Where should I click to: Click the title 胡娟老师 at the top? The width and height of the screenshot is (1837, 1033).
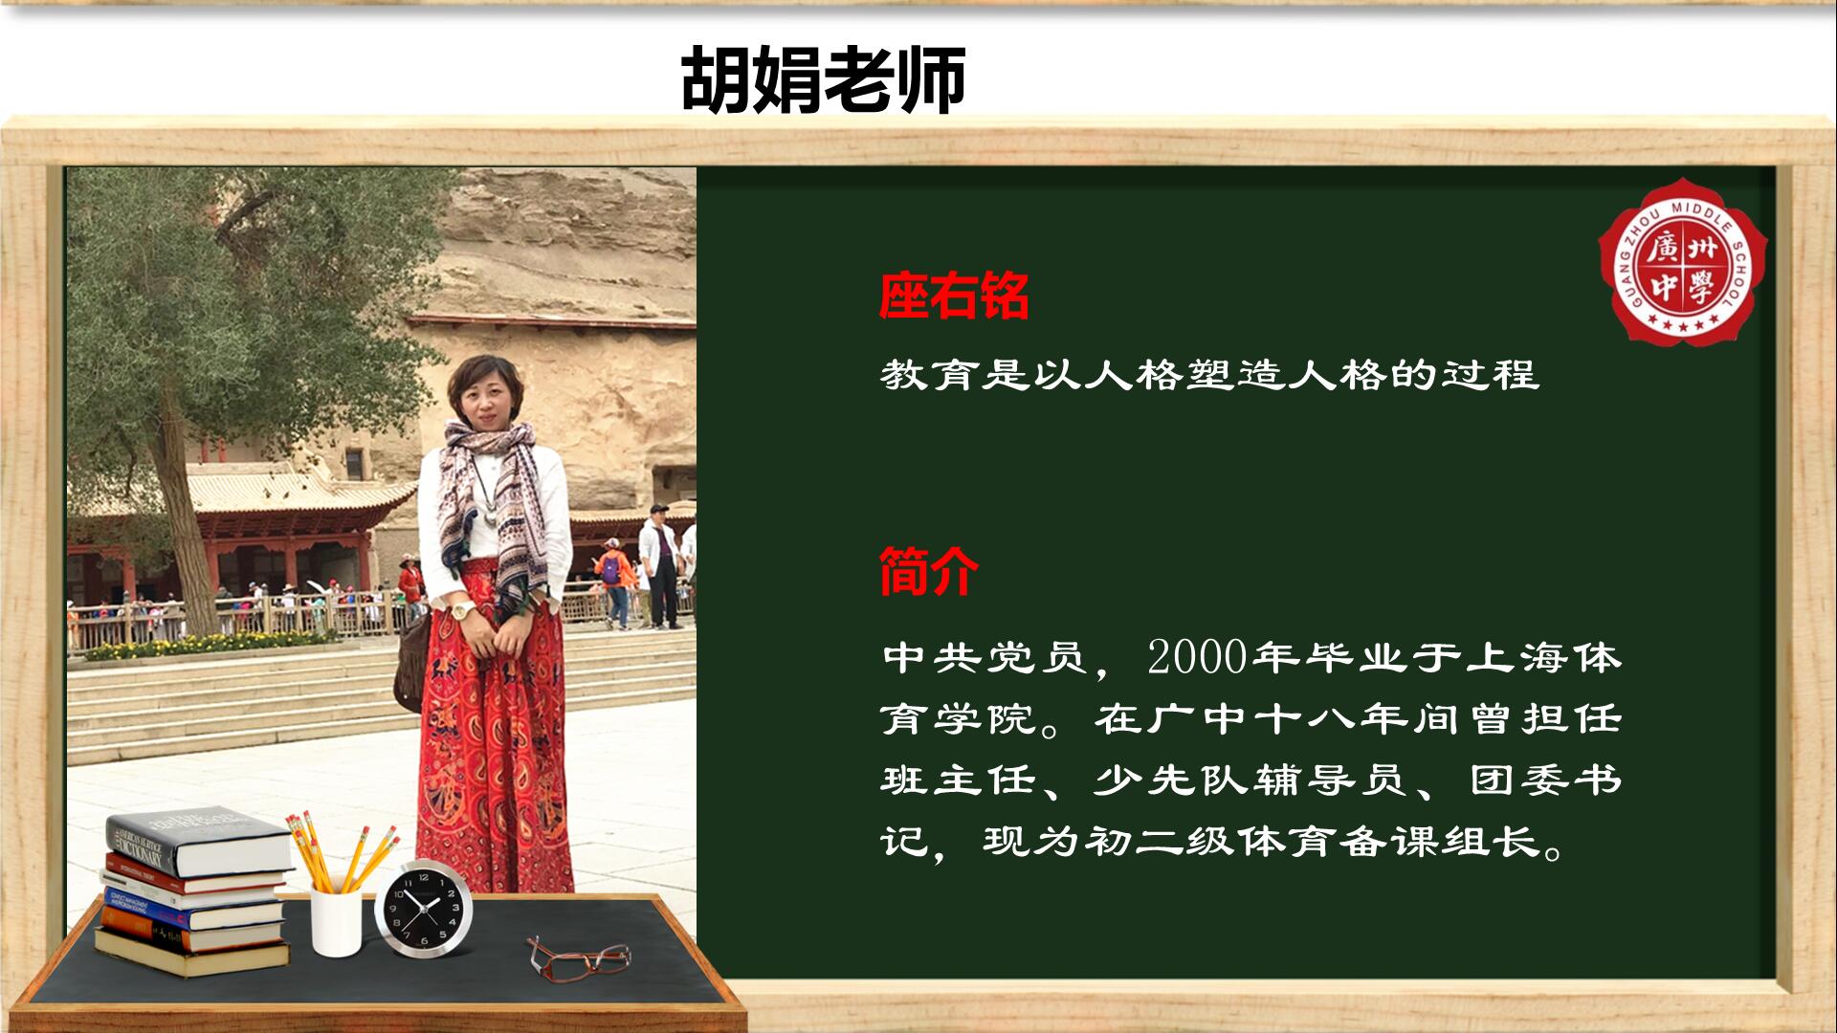coord(823,80)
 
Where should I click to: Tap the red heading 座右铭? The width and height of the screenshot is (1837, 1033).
coord(954,296)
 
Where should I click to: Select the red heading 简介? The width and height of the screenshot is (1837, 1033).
coord(929,572)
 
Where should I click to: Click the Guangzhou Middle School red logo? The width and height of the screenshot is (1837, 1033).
coord(1683,261)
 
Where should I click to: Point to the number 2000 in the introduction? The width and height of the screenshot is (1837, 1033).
coord(1198,657)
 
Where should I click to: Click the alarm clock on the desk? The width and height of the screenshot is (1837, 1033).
coord(423,910)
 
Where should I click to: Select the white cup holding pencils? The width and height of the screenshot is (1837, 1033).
coord(337,921)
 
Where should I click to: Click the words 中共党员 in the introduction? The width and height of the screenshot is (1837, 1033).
coord(985,658)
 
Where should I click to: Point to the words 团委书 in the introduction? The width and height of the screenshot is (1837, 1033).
coord(1545,780)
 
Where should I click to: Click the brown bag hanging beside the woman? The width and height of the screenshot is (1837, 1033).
coord(412,660)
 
